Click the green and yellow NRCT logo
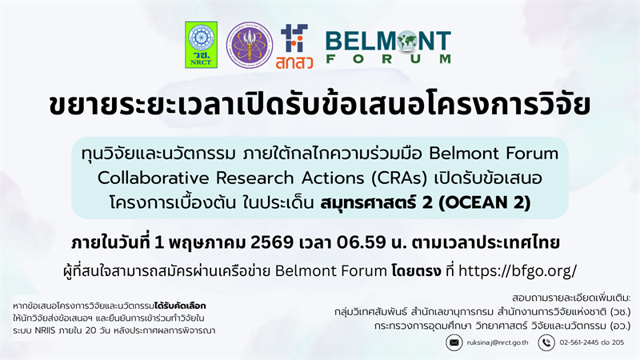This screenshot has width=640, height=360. (x=201, y=45)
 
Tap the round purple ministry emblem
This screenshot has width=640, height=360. (x=249, y=45)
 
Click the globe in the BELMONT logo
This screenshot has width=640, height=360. (x=407, y=41)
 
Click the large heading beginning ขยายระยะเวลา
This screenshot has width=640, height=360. (x=320, y=107)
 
